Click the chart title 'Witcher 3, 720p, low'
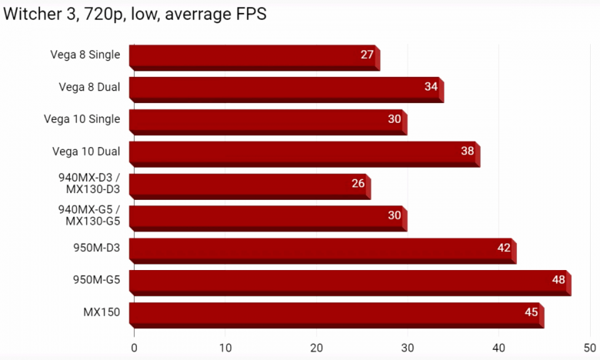click(135, 15)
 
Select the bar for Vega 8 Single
click(254, 56)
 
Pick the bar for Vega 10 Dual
click(304, 153)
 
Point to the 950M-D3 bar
click(322, 250)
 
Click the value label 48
click(558, 280)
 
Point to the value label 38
click(467, 151)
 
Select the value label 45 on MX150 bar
click(531, 312)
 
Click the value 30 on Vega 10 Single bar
click(395, 118)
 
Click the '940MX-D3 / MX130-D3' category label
click(89, 184)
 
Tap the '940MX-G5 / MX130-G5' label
click(89, 216)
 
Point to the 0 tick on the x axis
click(134, 348)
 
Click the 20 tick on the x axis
click(316, 348)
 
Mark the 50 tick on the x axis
click(589, 348)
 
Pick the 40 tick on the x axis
click(498, 348)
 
